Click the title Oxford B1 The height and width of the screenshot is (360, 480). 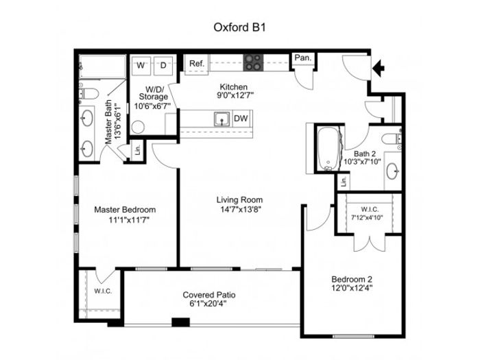tap(240, 27)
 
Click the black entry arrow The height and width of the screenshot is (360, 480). tap(379, 68)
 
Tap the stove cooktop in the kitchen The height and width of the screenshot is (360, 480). tap(253, 62)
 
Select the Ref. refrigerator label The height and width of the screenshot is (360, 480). tap(197, 63)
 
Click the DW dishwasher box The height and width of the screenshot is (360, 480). tap(241, 118)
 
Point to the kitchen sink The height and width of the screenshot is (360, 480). tap(222, 119)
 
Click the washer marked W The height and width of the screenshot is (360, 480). tap(141, 66)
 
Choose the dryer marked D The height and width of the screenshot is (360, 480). tap(163, 66)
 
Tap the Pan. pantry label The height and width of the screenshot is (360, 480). tap(303, 58)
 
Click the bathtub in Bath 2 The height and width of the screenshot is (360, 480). tap(329, 149)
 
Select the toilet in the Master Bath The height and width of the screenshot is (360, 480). tap(89, 94)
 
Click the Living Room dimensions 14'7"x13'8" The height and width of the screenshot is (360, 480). tap(240, 209)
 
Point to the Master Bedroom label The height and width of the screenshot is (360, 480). tap(125, 210)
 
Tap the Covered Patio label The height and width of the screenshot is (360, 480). tap(209, 295)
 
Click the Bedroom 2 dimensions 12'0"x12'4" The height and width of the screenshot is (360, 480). tap(352, 288)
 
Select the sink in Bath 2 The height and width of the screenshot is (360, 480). tap(393, 171)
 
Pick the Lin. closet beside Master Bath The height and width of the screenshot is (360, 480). tap(138, 150)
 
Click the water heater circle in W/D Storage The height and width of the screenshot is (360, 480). tap(138, 127)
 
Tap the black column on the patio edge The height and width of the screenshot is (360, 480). tap(180, 322)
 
